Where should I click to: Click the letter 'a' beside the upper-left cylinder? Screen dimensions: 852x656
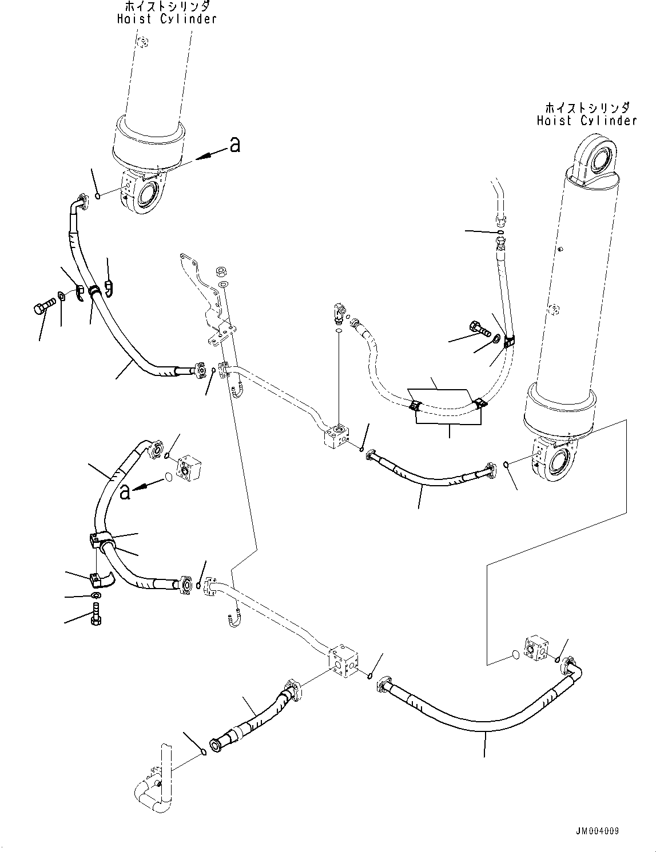tap(234, 146)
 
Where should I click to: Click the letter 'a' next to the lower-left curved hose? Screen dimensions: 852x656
tap(125, 491)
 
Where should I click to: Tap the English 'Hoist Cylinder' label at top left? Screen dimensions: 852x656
tap(167, 19)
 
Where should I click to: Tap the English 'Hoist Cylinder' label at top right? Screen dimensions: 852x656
tap(586, 121)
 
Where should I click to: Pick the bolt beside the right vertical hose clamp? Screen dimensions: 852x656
tap(478, 329)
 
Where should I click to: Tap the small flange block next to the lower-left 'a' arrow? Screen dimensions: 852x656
tap(187, 467)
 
